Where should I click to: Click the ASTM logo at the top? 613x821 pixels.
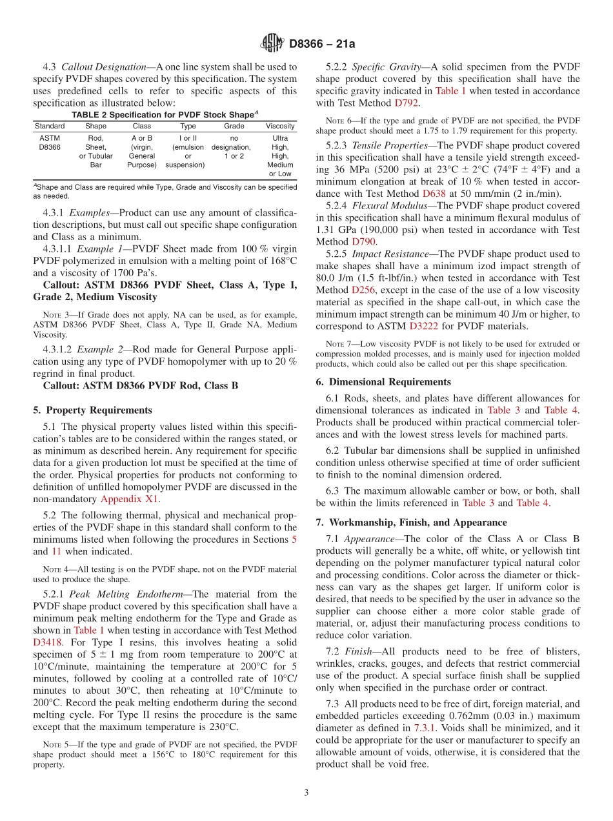click(272, 44)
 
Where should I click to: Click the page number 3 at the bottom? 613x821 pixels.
click(306, 793)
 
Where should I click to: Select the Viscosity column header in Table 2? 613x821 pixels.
click(279, 126)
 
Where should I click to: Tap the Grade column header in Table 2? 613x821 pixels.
click(234, 126)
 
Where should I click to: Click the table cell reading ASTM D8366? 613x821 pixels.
click(50, 143)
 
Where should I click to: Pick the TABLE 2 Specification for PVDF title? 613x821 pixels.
click(165, 114)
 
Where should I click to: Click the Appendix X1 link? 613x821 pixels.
click(129, 498)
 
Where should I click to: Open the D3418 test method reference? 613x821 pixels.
click(48, 642)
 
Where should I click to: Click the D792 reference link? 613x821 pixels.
click(407, 103)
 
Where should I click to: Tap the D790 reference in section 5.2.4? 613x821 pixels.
click(363, 241)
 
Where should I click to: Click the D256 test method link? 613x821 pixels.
click(363, 290)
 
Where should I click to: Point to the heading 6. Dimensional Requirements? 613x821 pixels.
click(383, 381)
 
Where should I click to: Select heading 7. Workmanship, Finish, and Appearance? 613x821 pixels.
click(411, 522)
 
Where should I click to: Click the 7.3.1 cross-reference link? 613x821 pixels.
click(425, 728)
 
